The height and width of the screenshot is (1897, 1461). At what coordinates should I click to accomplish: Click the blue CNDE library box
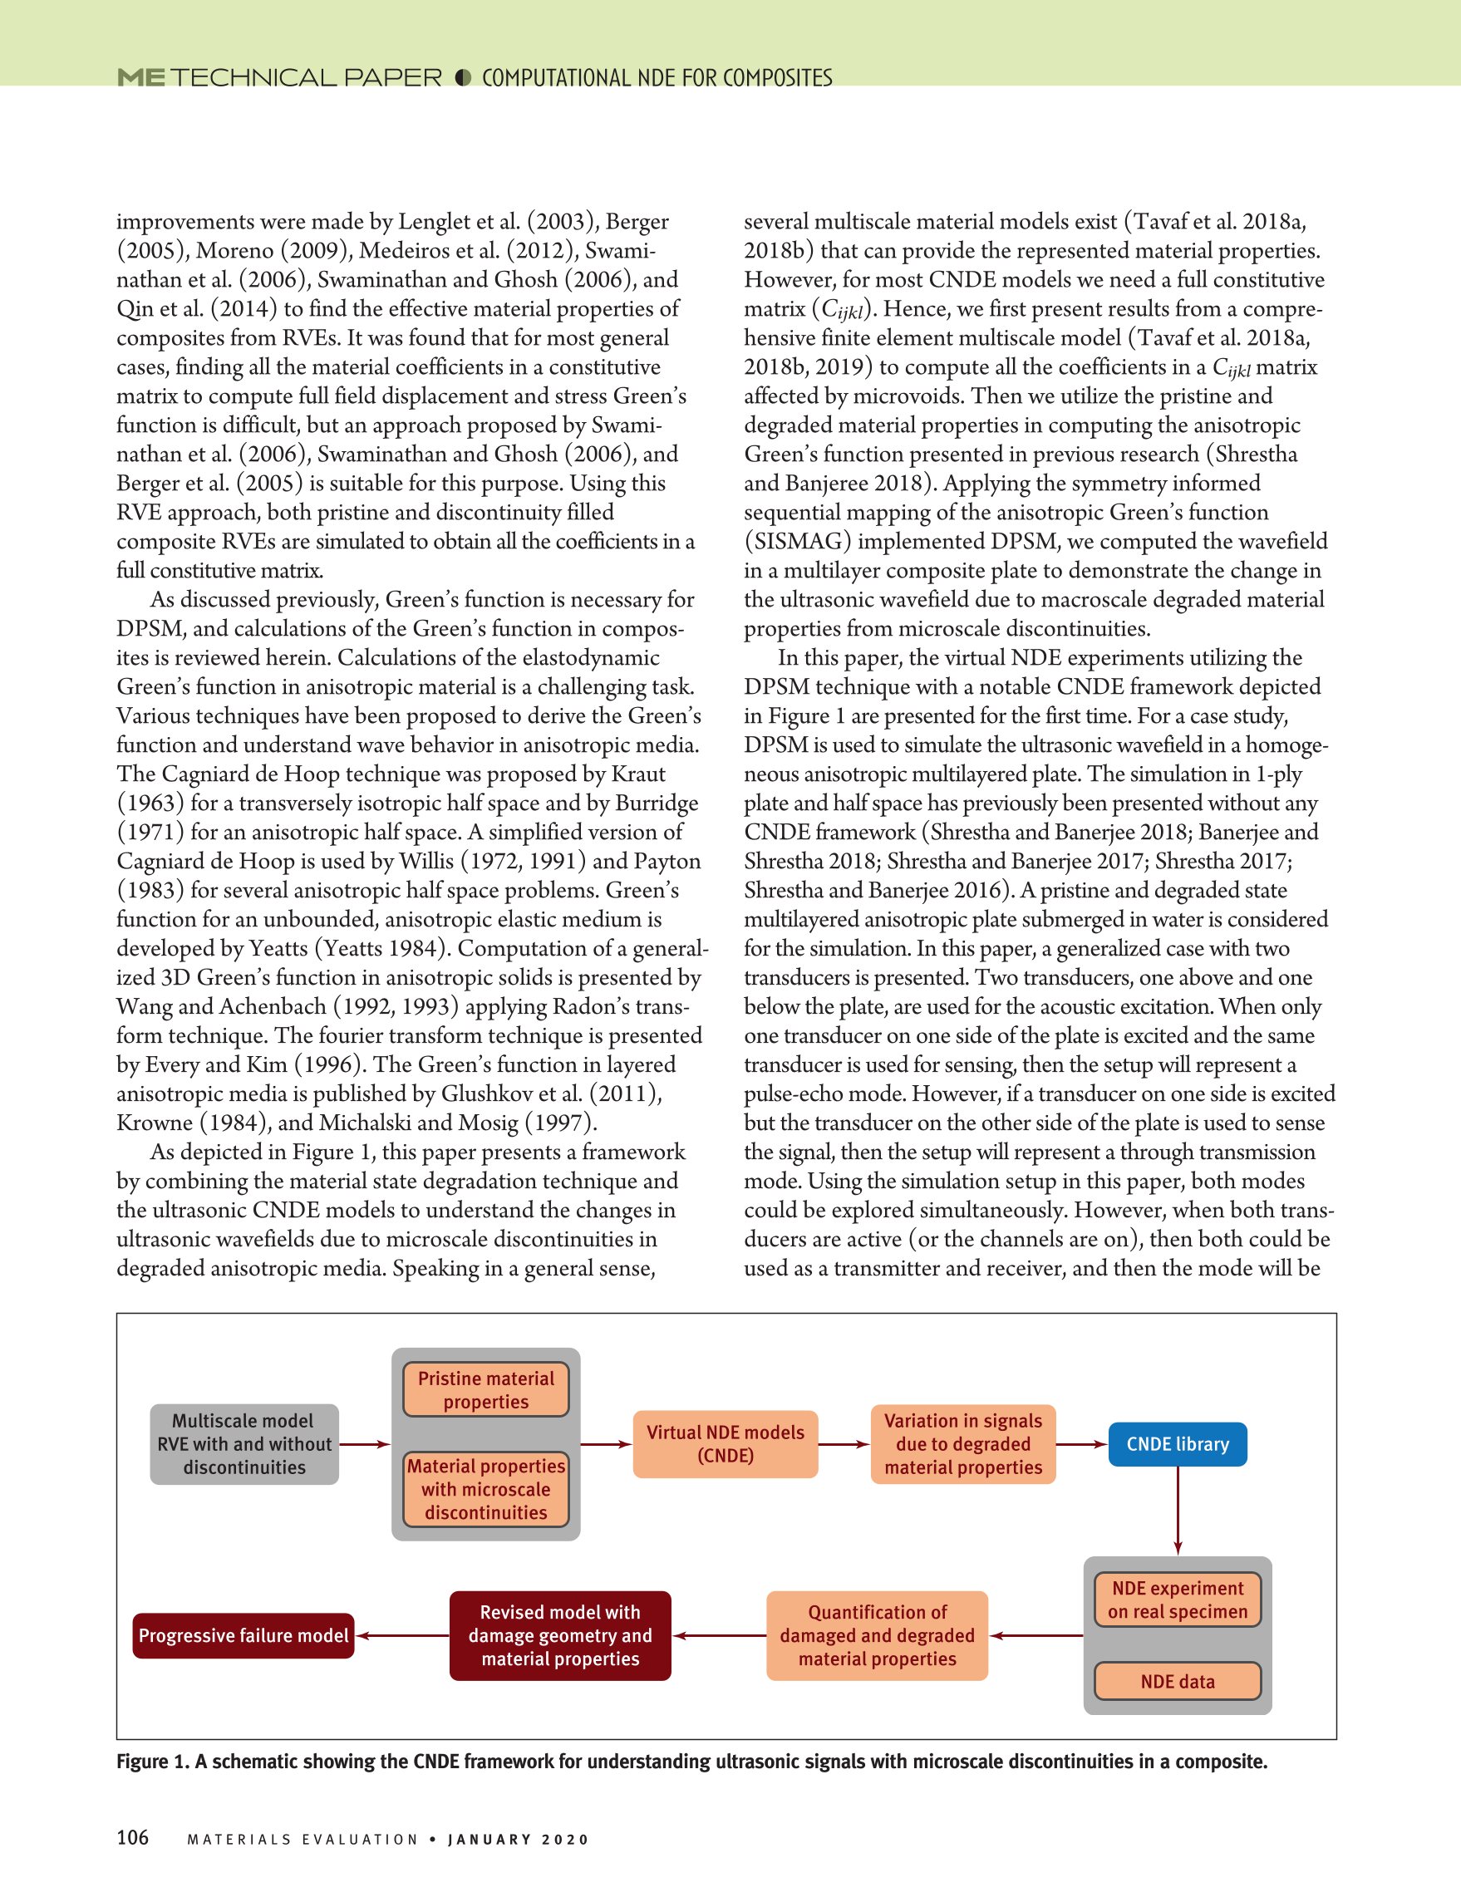pyautogui.click(x=1177, y=1443)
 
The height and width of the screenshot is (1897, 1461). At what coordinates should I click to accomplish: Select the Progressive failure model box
pyautogui.click(x=243, y=1635)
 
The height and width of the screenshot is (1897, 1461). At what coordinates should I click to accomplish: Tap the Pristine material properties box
pyautogui.click(x=485, y=1390)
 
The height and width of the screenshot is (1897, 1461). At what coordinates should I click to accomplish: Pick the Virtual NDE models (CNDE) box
pyautogui.click(x=726, y=1443)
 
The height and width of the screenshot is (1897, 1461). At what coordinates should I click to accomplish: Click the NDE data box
pyautogui.click(x=1177, y=1681)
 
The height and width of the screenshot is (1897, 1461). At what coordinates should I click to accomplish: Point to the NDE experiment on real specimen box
pyautogui.click(x=1177, y=1600)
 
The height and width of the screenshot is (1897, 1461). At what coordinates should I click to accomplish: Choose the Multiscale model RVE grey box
pyautogui.click(x=244, y=1443)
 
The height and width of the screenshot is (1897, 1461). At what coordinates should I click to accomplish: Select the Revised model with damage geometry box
pyautogui.click(x=560, y=1635)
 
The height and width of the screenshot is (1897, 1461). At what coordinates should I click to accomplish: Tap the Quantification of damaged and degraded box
pyautogui.click(x=878, y=1635)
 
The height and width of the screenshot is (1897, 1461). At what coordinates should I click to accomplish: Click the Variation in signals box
pyautogui.click(x=963, y=1443)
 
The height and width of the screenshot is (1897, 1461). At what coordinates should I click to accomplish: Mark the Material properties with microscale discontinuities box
pyautogui.click(x=485, y=1489)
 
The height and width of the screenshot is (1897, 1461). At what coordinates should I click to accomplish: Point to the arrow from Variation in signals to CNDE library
pyautogui.click(x=1081, y=1444)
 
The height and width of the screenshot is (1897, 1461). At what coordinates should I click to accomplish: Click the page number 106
pyautogui.click(x=133, y=1837)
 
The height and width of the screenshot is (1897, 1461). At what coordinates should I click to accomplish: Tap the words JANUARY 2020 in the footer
pyautogui.click(x=519, y=1840)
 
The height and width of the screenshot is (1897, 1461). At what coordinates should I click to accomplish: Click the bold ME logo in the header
pyautogui.click(x=140, y=78)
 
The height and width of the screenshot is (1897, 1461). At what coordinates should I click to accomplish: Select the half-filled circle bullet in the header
pyautogui.click(x=463, y=78)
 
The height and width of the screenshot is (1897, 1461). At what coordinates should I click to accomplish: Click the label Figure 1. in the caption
pyautogui.click(x=153, y=1762)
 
